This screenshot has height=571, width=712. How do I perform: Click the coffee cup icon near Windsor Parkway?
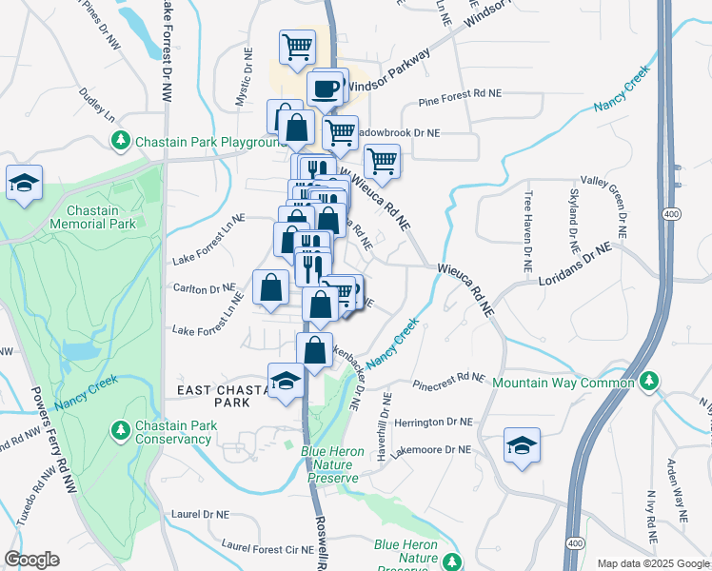click(327, 89)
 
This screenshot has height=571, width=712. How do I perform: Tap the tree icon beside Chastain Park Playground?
click(121, 142)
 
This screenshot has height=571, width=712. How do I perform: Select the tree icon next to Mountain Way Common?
click(649, 383)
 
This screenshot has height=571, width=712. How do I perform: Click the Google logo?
click(31, 560)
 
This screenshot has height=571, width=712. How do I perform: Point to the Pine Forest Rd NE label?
click(460, 96)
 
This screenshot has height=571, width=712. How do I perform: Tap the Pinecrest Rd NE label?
click(449, 381)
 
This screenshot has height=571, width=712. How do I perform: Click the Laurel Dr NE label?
click(201, 514)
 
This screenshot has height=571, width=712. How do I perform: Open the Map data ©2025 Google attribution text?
click(645, 563)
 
